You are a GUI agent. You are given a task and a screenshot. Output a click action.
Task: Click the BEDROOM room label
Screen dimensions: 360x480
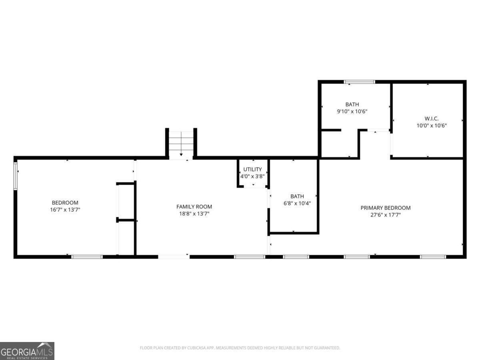pyautogui.click(x=65, y=202)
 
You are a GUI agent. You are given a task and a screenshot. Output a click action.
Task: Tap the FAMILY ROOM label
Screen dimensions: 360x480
pyautogui.click(x=194, y=206)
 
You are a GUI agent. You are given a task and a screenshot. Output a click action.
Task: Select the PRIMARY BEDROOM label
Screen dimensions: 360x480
pyautogui.click(x=385, y=208)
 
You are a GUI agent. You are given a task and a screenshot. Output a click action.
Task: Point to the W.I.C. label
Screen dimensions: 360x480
pyautogui.click(x=431, y=118)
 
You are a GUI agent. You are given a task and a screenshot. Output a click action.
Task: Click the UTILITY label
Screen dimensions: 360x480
pyautogui.click(x=252, y=169)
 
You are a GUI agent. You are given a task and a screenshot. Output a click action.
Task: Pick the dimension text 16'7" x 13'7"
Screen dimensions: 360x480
pyautogui.click(x=65, y=210)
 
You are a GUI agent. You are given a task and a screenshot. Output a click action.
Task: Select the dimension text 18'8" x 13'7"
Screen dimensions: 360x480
pyautogui.click(x=194, y=214)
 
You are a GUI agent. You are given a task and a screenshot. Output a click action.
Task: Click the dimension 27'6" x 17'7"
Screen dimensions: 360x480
pyautogui.click(x=385, y=215)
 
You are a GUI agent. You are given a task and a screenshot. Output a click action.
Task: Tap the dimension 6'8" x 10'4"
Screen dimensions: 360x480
pyautogui.click(x=297, y=203)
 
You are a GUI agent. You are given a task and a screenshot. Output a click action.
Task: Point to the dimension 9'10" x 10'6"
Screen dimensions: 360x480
pyautogui.click(x=352, y=112)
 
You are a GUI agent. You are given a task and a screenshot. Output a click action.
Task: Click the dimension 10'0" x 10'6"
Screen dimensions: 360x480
pyautogui.click(x=431, y=125)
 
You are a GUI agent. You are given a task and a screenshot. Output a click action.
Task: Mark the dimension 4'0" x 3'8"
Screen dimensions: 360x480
pyautogui.click(x=252, y=176)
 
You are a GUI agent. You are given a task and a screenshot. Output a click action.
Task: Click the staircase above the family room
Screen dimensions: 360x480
pyautogui.click(x=181, y=143)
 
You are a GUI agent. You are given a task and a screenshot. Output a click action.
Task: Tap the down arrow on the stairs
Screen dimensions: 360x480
pyautogui.click(x=181, y=154)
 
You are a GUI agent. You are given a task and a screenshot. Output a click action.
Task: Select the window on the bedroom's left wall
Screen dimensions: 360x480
pyautogui.click(x=16, y=176)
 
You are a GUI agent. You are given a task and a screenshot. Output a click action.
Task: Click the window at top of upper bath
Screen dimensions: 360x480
pyautogui.click(x=360, y=82)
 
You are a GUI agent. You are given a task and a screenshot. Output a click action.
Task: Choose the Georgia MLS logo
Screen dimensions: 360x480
pyautogui.click(x=27, y=351)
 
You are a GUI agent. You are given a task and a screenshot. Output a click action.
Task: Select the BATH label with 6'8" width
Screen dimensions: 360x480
pyautogui.click(x=297, y=196)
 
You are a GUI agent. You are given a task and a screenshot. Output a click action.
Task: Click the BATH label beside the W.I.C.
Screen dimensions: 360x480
pyautogui.click(x=352, y=104)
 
